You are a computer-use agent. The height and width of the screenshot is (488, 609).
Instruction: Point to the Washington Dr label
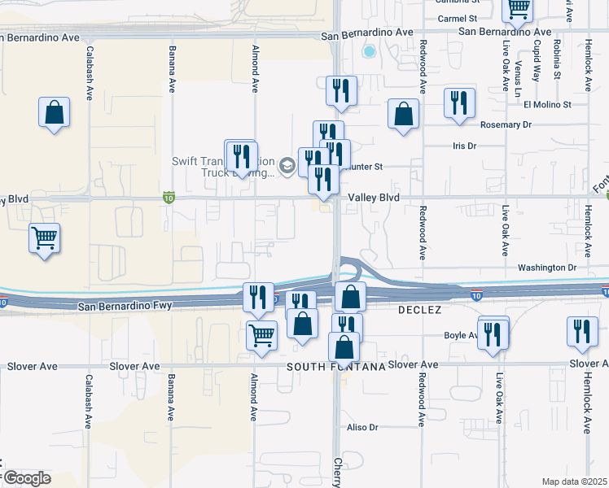click(546, 268)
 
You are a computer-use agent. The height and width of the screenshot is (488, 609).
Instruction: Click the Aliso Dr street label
click(364, 427)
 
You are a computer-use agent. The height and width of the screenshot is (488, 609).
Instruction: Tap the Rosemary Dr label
click(506, 124)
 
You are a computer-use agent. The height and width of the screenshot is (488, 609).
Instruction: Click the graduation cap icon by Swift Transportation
click(287, 166)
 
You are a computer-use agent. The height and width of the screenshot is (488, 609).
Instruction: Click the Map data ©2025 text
click(575, 481)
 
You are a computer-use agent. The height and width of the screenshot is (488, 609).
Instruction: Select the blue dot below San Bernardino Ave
click(369, 52)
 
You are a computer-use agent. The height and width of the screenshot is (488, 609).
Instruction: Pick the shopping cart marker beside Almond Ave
click(261, 333)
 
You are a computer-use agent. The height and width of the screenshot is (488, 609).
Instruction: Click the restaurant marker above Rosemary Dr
click(459, 103)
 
